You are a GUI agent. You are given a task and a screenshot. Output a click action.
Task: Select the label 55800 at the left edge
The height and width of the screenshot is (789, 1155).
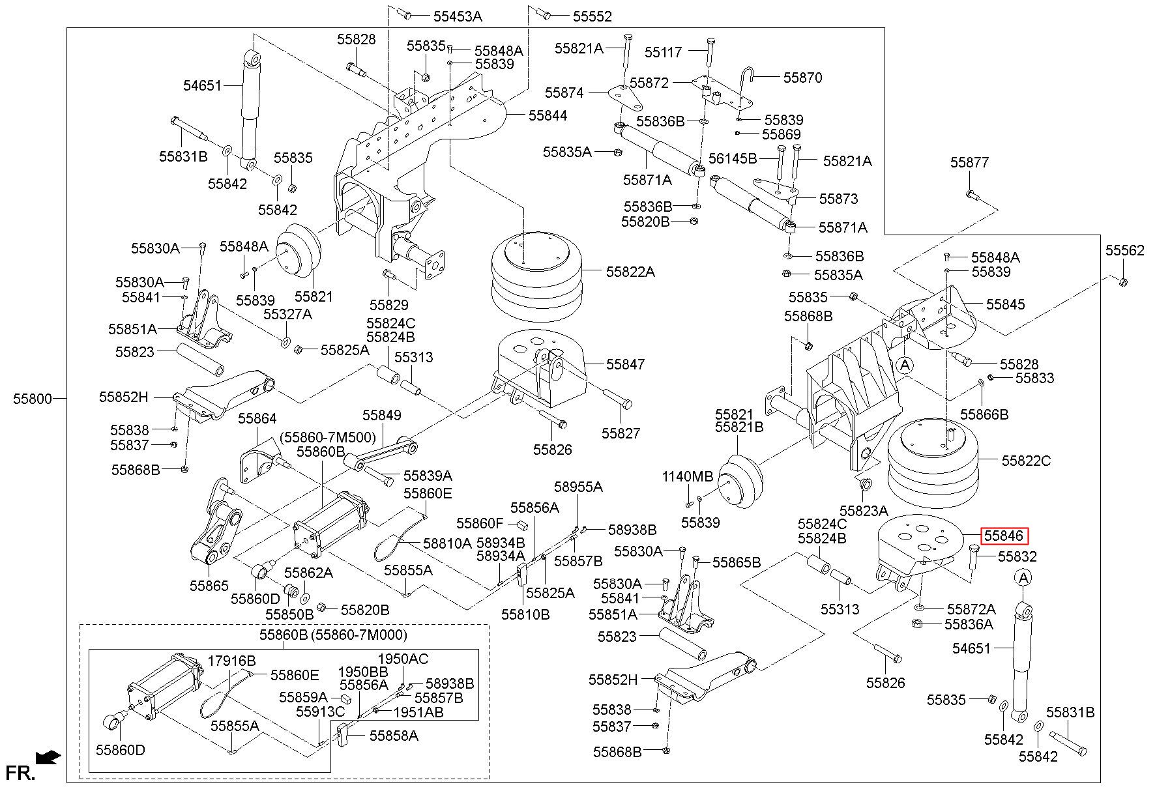click(32, 398)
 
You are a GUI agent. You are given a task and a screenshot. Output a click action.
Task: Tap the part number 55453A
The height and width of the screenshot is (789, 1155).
click(455, 16)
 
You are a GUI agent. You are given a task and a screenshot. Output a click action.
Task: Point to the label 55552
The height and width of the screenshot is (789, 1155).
click(593, 16)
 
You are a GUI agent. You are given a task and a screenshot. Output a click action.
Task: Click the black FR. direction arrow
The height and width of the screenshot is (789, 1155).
click(48, 757)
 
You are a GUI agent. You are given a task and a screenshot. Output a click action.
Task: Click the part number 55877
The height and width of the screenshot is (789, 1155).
click(969, 162)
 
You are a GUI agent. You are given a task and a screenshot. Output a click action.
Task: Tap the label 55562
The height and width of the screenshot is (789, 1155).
click(1124, 250)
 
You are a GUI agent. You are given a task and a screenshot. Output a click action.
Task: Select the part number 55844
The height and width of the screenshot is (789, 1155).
click(548, 115)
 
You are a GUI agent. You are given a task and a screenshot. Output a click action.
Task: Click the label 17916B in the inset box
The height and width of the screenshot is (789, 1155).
click(232, 660)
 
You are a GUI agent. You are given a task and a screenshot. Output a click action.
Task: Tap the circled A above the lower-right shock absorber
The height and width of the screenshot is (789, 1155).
click(1023, 577)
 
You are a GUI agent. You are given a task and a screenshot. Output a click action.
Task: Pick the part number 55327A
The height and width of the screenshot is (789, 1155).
click(287, 314)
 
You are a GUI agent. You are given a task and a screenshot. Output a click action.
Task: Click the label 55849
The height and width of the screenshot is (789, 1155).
click(382, 415)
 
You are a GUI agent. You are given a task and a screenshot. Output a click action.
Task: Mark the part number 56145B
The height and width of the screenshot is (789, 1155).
click(733, 158)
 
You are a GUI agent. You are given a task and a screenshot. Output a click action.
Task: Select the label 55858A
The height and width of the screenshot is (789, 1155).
click(394, 736)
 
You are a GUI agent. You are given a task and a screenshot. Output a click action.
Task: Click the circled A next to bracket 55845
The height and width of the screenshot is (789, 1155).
click(905, 366)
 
